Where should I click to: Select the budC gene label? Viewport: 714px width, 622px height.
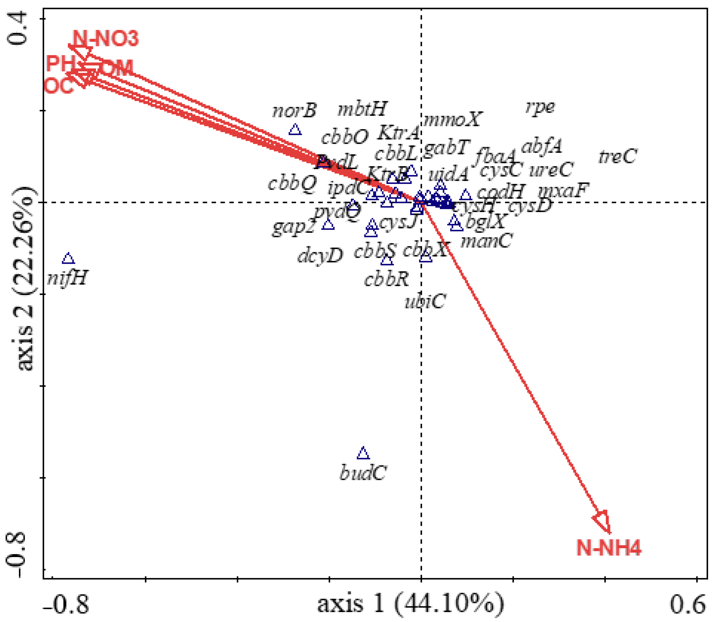coord(363,473)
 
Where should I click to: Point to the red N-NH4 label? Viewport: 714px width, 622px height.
coord(608,548)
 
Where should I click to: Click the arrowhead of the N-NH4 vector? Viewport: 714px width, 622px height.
coord(603,521)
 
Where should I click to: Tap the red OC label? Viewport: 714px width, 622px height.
coord(59,85)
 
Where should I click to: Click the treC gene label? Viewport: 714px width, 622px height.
coord(618,156)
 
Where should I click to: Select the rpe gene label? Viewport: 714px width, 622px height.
coord(540,107)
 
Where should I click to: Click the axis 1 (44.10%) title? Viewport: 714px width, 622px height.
coord(410,603)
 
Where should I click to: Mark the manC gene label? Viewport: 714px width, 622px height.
coord(486,241)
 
